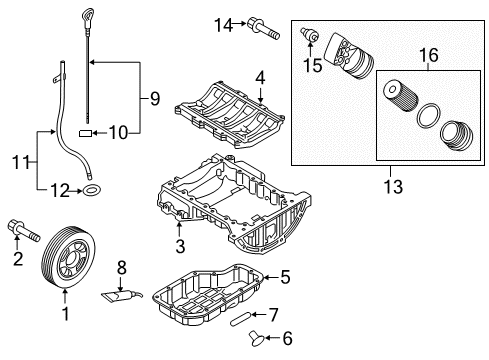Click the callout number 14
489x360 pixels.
pos(223,25)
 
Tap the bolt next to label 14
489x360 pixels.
pos(263,28)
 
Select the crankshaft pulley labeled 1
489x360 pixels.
pos(68,257)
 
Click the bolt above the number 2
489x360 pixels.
pos(24,231)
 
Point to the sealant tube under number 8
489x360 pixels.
pos(122,296)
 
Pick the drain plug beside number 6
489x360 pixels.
pos(258,337)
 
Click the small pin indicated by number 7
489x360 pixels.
pos(240,318)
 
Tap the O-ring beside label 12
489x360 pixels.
pos(92,191)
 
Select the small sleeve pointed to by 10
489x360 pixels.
pos(85,134)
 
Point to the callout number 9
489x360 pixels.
pos(155,98)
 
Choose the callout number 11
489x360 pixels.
pos(21,163)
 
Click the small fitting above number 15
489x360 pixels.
pos(309,36)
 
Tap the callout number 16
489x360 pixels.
pos(429,55)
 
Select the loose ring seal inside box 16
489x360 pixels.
pos(428,115)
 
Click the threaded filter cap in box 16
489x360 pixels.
pos(456,135)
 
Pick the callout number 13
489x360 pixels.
pos(393,187)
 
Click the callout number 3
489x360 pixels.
pos(180,247)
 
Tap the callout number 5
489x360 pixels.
pos(285,277)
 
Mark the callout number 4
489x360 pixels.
pos(260,78)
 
